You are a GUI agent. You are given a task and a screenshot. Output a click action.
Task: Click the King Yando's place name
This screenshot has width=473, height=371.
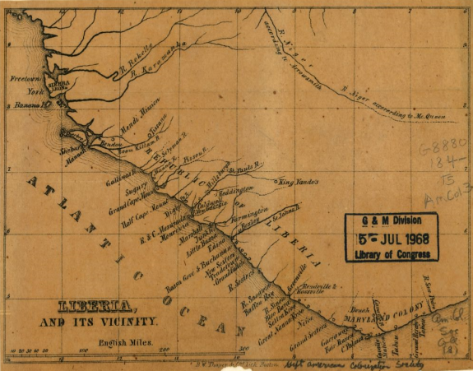(299, 180)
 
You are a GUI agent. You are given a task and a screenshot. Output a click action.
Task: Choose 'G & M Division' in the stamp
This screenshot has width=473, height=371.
(391, 221)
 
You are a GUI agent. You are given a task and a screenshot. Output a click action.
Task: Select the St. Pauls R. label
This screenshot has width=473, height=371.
(244, 169)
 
